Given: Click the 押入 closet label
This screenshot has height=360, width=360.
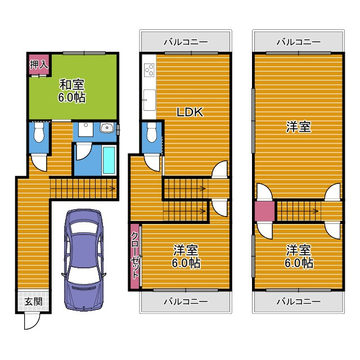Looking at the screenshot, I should click(39, 64).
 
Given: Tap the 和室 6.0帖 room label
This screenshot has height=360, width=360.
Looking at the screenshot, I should click(73, 91).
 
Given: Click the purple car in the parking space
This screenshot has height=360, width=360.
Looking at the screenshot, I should click(84, 259).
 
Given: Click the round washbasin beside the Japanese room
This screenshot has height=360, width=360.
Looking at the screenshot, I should click(106, 129).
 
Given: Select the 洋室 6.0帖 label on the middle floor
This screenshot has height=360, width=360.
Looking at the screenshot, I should click(186, 256).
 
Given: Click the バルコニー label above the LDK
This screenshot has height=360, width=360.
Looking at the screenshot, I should click(186, 42).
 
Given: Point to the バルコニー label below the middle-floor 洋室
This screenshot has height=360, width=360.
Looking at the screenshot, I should click(186, 301).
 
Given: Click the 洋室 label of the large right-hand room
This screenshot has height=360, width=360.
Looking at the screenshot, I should click(298, 127).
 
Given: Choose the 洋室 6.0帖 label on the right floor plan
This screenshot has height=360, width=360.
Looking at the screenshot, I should click(298, 256).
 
